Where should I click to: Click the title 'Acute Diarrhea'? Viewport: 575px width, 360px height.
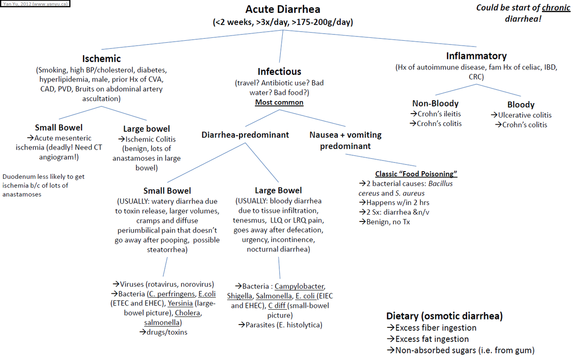[283, 10]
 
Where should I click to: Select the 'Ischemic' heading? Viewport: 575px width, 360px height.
[101, 58]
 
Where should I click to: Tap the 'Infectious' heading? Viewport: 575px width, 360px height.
[279, 71]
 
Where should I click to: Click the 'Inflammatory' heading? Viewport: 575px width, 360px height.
[476, 56]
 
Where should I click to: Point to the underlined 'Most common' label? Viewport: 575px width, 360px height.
[279, 102]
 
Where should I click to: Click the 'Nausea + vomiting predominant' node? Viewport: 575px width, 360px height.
[345, 140]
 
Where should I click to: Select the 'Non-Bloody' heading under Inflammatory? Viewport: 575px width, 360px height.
[435, 103]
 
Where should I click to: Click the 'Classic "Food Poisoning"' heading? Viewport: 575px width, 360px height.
[416, 174]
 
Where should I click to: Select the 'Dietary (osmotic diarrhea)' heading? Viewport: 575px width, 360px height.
[444, 316]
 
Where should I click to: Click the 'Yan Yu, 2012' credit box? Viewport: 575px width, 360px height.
[34, 4]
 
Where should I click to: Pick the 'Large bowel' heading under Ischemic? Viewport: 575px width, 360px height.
[146, 128]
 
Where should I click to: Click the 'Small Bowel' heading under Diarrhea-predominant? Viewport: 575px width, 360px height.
[167, 190]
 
